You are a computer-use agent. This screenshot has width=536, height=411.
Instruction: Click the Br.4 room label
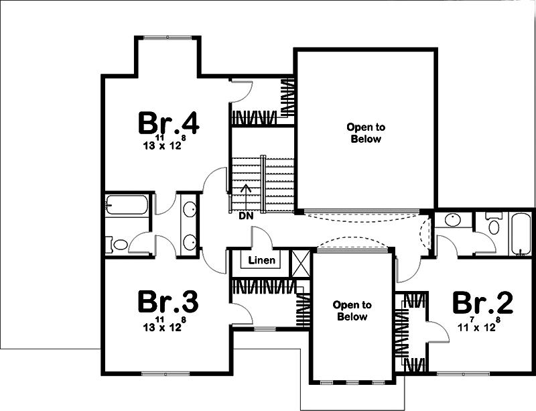click(x=169, y=123)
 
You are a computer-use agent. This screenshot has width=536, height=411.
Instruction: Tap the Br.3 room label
click(x=169, y=302)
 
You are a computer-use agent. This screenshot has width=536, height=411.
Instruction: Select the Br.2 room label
click(x=482, y=303)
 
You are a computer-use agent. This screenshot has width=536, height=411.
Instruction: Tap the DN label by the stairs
click(x=245, y=217)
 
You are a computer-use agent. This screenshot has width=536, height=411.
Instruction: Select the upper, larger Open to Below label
click(x=365, y=133)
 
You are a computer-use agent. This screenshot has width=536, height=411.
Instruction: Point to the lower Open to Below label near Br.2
click(x=352, y=311)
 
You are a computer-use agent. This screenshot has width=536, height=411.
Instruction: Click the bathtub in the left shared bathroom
click(x=127, y=204)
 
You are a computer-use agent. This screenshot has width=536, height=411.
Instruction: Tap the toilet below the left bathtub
click(x=119, y=245)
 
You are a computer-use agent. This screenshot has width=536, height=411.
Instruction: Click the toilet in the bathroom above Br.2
click(x=493, y=225)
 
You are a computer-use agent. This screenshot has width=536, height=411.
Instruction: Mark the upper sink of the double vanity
click(x=190, y=209)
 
